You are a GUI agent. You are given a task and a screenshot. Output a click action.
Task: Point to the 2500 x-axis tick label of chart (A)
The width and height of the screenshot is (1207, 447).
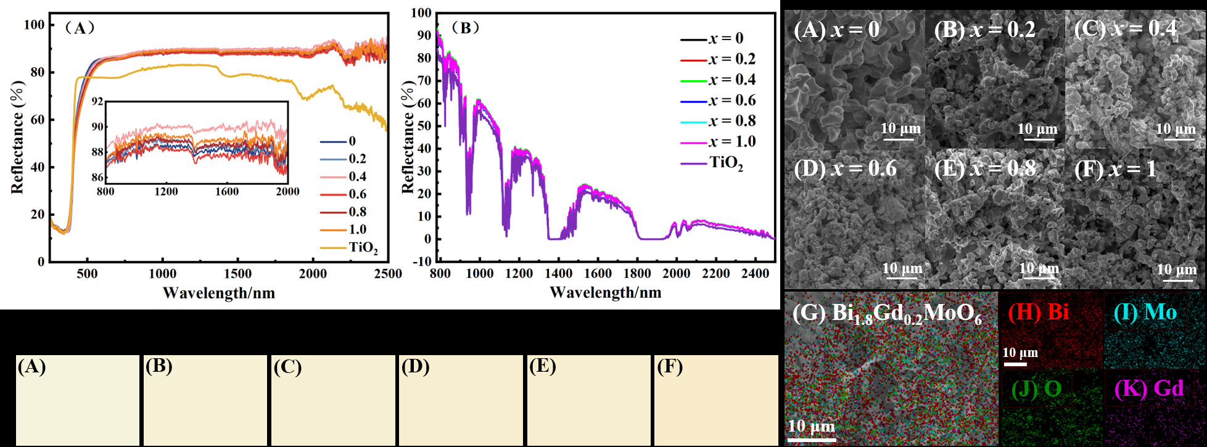[x=388, y=274]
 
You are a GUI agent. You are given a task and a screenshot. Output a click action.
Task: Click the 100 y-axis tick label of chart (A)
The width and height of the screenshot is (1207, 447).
[x=35, y=25]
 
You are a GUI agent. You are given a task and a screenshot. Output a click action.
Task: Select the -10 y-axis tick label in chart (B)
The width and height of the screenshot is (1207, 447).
[x=421, y=261]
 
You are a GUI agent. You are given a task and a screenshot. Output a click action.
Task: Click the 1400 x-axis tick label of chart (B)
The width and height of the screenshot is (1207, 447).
[x=559, y=274]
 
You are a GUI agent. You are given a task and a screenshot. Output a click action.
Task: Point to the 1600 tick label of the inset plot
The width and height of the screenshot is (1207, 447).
[x=226, y=192]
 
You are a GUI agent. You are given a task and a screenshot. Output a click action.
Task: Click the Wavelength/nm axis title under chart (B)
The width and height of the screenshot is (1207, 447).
[x=605, y=293]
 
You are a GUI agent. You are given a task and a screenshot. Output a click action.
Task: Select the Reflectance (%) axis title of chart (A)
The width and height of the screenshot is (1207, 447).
[x=17, y=144]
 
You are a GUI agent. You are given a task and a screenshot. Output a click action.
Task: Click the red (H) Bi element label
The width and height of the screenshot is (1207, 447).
[x=1038, y=313]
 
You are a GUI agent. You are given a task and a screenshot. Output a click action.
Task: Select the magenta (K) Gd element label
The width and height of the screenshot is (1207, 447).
[x=1149, y=388]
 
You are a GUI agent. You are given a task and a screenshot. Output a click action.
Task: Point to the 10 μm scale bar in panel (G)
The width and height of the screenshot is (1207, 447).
[x=811, y=440]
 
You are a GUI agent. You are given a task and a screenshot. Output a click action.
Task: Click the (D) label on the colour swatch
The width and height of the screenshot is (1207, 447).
[x=415, y=367]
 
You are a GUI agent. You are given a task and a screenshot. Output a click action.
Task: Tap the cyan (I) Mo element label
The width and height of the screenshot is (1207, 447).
[x=1145, y=313]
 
